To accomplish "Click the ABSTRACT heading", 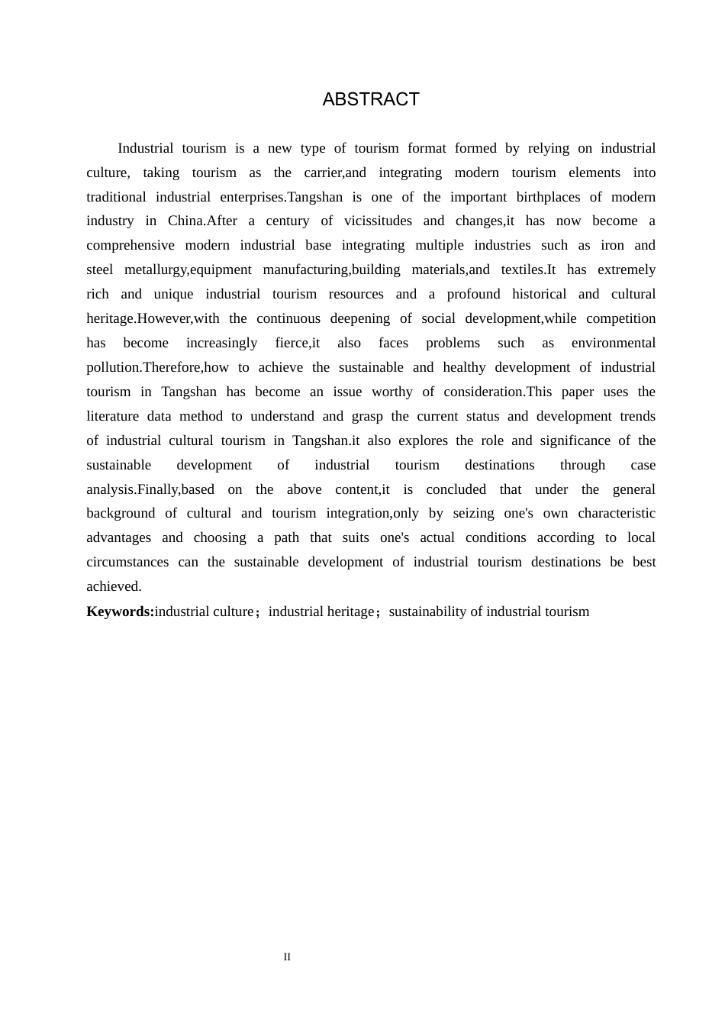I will pyautogui.click(x=371, y=99).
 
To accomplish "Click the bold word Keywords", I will pyautogui.click(x=119, y=611).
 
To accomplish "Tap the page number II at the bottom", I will pyautogui.click(x=287, y=957).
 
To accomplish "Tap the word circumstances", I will pyautogui.click(x=127, y=562).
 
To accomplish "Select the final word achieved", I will pyautogui.click(x=113, y=586).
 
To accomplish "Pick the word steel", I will pyautogui.click(x=99, y=269).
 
